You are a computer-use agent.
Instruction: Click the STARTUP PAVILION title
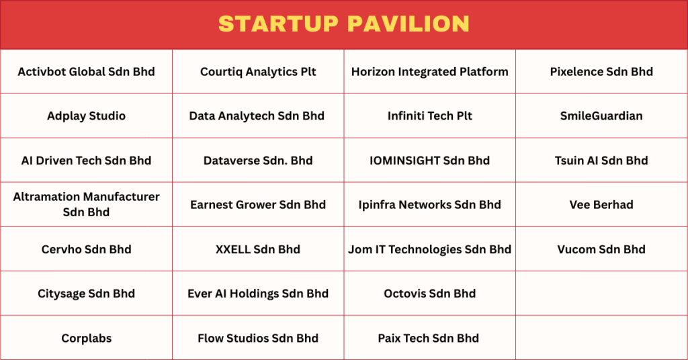coord(344,24)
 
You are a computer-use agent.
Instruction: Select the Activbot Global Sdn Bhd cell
coord(87,71)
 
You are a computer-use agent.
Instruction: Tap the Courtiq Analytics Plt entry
coord(258,72)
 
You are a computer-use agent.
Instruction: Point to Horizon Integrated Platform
coord(429,72)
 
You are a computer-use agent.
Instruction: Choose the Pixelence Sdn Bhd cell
coord(601,71)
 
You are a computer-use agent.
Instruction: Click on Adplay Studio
coord(87,116)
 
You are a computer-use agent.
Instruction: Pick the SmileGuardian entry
coord(601,116)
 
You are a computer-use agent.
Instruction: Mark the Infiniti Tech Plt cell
coord(429,116)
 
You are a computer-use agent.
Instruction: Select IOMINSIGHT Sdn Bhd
coord(429,161)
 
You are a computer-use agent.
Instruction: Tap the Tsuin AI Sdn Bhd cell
coord(601,161)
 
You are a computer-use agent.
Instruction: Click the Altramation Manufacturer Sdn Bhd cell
coord(87,204)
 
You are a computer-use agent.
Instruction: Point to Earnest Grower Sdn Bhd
coord(258,205)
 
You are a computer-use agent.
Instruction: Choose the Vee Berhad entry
coord(601,205)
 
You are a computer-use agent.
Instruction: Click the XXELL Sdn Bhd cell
coord(258,249)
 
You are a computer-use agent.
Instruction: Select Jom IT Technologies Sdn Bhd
coord(429,249)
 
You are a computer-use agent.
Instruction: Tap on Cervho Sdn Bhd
coord(87,249)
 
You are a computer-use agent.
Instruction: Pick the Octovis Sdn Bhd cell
coord(429,294)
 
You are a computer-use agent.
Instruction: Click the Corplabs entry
coord(87,339)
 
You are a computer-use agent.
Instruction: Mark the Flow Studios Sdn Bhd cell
coord(258,338)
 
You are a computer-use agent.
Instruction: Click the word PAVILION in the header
coord(408,24)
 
